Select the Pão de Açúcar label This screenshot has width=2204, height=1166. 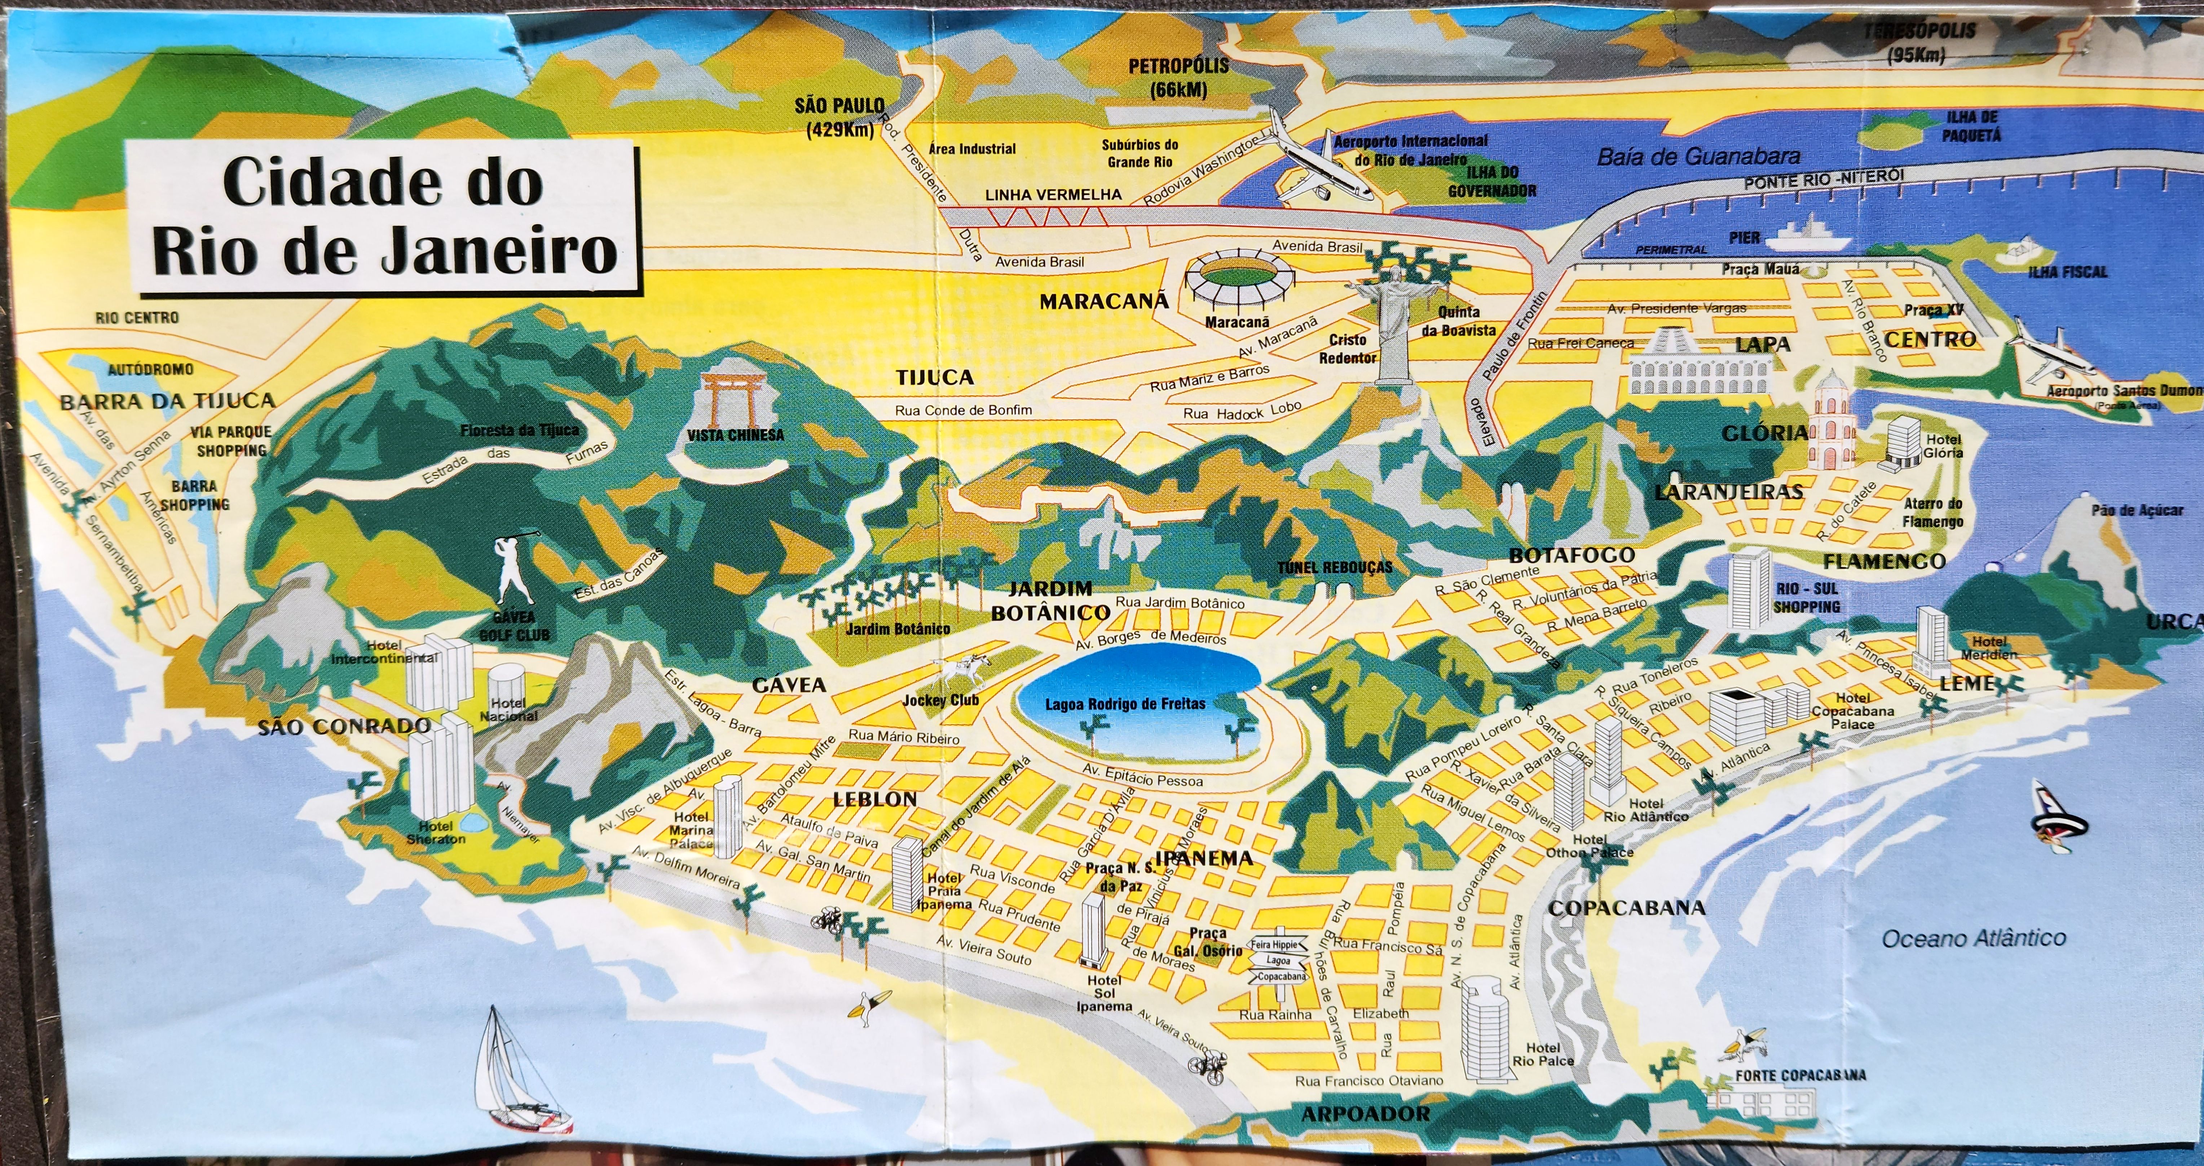tap(2137, 511)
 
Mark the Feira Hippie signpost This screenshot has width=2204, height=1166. tap(1279, 961)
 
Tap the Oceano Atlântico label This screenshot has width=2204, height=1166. tap(1973, 938)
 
